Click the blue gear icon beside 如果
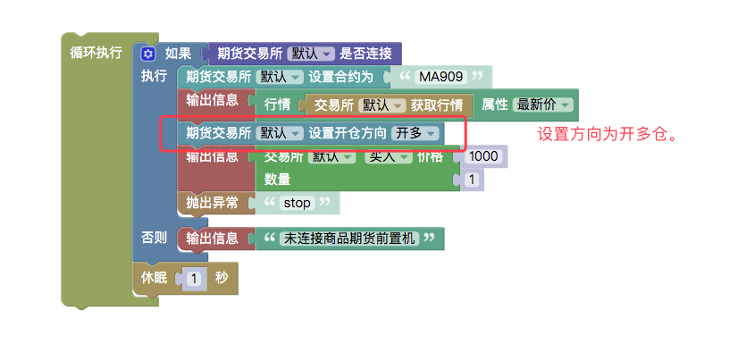149,54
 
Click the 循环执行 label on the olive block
96,53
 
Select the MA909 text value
444,77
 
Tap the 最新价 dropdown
543,105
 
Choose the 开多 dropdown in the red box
415,132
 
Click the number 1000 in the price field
482,156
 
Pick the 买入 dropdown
388,156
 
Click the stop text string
296,203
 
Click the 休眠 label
155,278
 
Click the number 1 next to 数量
471,180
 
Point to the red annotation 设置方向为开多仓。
604,136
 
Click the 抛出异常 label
212,203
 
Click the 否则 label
154,239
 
